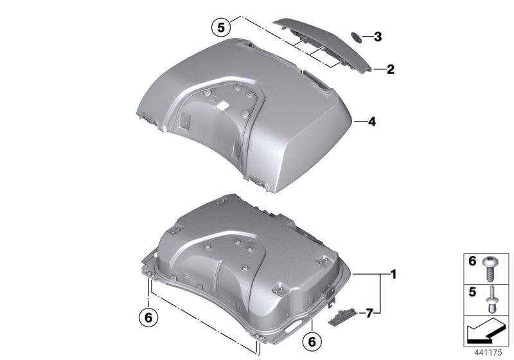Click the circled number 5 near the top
[x=220, y=28]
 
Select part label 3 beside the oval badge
[x=378, y=37]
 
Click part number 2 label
[x=389, y=69]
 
